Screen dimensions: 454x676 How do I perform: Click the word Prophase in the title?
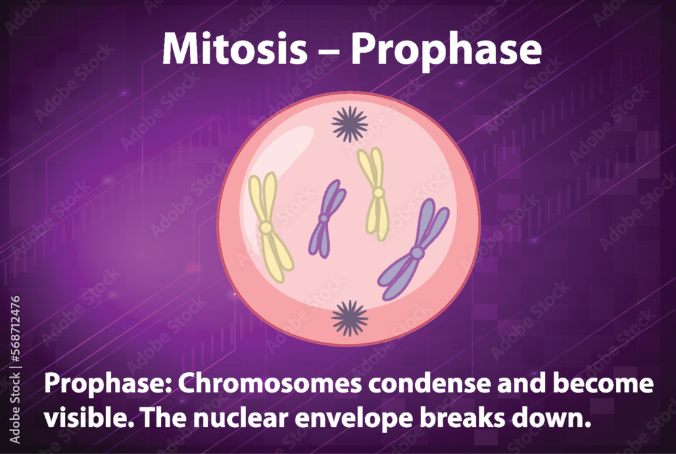tap(445, 49)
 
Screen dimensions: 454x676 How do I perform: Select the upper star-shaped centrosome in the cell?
tap(349, 124)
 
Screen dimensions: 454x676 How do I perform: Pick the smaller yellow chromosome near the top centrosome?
tap(375, 193)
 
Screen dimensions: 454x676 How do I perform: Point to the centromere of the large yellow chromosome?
tap(266, 227)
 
